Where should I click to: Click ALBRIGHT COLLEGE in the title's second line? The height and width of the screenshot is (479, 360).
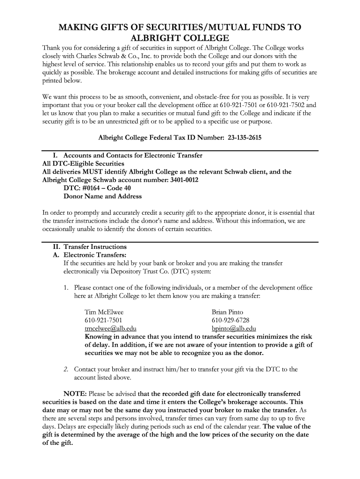point(180,38)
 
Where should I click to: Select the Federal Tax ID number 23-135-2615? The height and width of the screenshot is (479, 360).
point(245,138)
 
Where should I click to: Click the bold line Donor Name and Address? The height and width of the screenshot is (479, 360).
point(102,196)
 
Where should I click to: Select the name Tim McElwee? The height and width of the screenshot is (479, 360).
point(104,312)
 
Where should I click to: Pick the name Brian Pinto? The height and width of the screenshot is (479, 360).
point(227,312)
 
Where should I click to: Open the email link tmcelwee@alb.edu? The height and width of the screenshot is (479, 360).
point(110,328)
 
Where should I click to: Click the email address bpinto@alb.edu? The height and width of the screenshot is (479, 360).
point(234,328)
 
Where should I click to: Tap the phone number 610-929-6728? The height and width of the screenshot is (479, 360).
point(230,320)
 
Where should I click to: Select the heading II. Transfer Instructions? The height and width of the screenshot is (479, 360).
point(90,247)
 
